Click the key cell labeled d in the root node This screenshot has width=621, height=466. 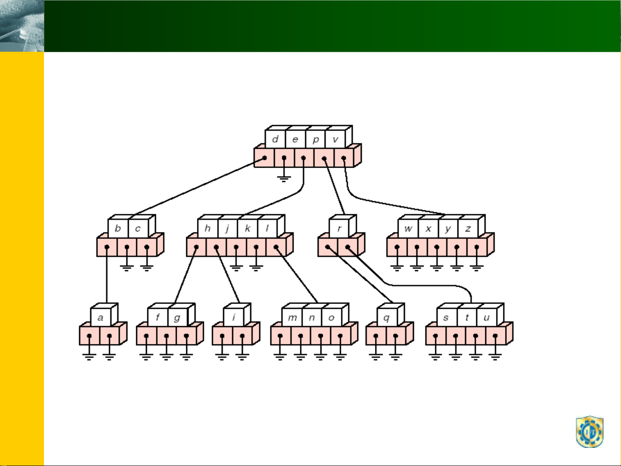[275, 139]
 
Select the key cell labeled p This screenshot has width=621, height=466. [315, 139]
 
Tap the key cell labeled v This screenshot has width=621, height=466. [336, 139]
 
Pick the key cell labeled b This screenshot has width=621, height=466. [118, 228]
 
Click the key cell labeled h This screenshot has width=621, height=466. [208, 228]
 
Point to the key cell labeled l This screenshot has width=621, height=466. [268, 228]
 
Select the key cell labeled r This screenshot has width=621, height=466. [339, 228]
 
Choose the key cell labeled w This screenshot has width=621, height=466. [408, 228]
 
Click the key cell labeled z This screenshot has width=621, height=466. [468, 228]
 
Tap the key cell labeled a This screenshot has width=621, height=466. [101, 317]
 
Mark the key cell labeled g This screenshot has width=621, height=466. [178, 317]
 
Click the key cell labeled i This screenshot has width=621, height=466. [234, 317]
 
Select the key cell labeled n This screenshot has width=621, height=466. [312, 317]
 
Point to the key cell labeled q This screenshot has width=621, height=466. [387, 317]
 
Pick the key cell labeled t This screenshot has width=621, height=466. [467, 317]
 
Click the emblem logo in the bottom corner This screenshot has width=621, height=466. [590, 432]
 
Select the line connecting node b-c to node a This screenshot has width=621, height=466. [106, 275]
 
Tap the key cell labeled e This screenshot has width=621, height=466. [295, 139]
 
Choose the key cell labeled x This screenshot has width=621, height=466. [428, 228]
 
